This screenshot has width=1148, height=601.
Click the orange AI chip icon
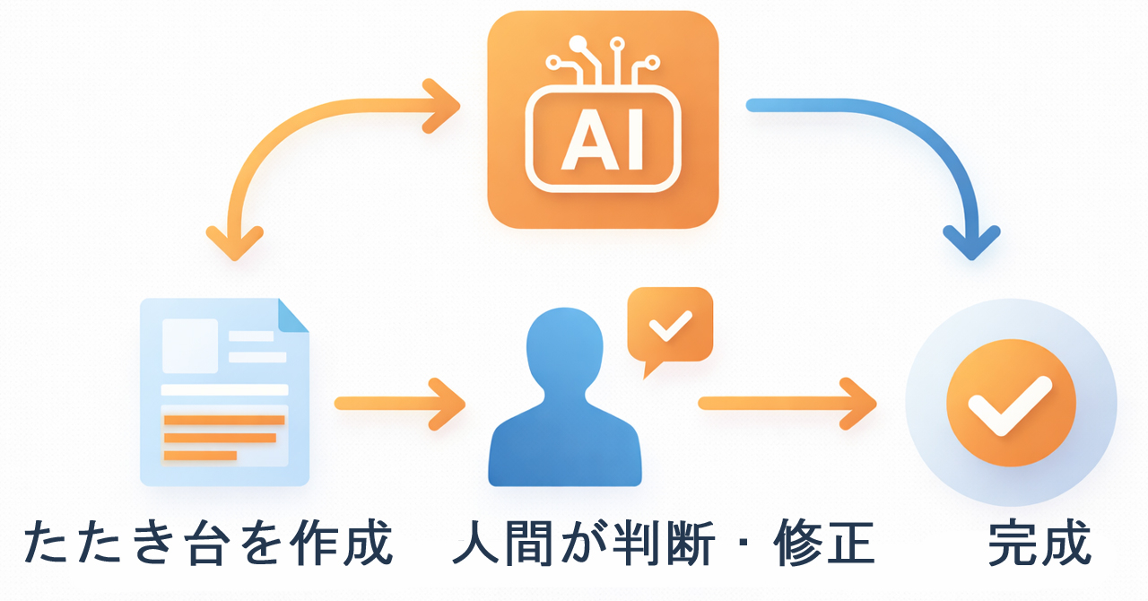coord(603,119)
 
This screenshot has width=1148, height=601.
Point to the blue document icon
coord(224,392)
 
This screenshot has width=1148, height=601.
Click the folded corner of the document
coord(293,315)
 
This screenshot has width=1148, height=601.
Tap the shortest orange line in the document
coord(200,456)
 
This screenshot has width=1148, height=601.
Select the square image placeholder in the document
coord(190,345)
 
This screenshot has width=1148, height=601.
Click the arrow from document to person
coord(400,404)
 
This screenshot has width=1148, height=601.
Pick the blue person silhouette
coord(565,396)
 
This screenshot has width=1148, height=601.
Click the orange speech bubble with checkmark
coord(670,328)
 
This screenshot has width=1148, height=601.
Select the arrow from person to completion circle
coord(787,404)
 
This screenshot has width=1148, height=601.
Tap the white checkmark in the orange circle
coord(1010,406)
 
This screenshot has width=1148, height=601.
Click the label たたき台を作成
coord(209,542)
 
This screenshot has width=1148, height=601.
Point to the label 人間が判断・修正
coord(663,543)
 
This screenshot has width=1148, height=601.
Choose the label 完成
coord(1039,543)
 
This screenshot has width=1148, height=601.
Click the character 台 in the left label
coord(209,543)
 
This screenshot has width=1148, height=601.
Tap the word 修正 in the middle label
coord(824,543)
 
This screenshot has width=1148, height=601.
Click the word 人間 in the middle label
coord(503,543)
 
